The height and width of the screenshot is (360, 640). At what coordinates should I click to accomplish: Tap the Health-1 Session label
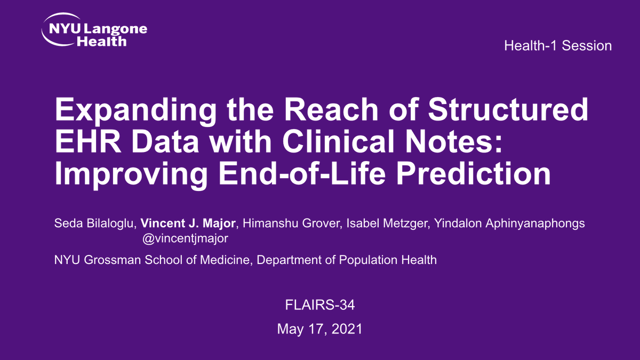558,46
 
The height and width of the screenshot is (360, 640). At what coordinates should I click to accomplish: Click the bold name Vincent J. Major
188,223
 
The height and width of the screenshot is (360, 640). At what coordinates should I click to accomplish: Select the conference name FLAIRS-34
320,306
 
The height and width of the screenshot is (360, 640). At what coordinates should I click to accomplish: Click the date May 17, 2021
320,329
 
